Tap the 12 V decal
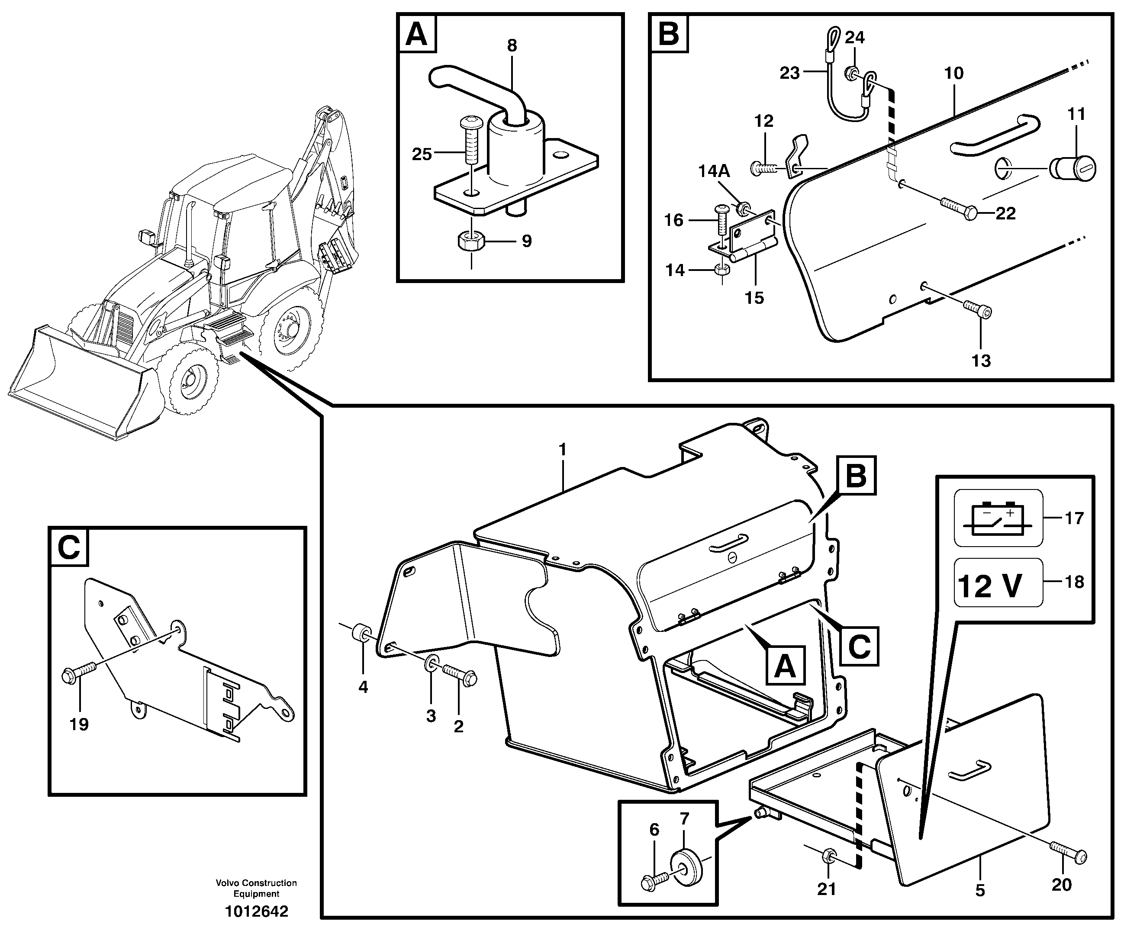[x=998, y=583]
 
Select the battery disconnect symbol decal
[x=998, y=518]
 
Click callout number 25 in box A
[x=422, y=155]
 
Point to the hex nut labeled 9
[x=471, y=241]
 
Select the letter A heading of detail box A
[x=416, y=34]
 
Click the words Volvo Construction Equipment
[x=256, y=888]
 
